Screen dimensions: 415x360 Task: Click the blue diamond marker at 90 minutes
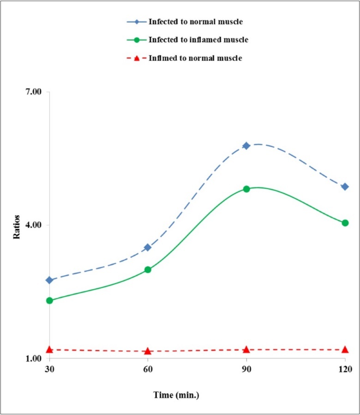pyautogui.click(x=246, y=146)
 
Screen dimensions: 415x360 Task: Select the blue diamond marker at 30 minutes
pyautogui.click(x=49, y=280)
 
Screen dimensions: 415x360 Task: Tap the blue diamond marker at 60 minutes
pyautogui.click(x=148, y=248)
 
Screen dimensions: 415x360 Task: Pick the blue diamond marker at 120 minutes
pyautogui.click(x=345, y=187)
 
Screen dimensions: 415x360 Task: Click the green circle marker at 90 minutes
pyautogui.click(x=246, y=189)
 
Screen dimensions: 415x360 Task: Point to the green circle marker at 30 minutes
pyautogui.click(x=49, y=301)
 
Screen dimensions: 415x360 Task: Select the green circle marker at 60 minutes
pyautogui.click(x=148, y=269)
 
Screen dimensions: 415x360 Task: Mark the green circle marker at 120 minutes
pyautogui.click(x=345, y=223)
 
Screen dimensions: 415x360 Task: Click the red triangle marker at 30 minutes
pyautogui.click(x=49, y=350)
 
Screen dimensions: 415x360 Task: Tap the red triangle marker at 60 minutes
pyautogui.click(x=148, y=351)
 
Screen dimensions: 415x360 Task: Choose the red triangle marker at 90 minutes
pyautogui.click(x=246, y=350)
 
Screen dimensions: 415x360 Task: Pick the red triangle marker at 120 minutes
pyautogui.click(x=345, y=350)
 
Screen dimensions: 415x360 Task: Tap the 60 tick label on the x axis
pyautogui.click(x=148, y=369)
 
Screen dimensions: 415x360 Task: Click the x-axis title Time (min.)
pyautogui.click(x=176, y=395)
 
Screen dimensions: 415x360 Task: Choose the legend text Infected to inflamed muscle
pyautogui.click(x=198, y=40)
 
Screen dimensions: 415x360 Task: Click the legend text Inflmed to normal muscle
pyautogui.click(x=195, y=58)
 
